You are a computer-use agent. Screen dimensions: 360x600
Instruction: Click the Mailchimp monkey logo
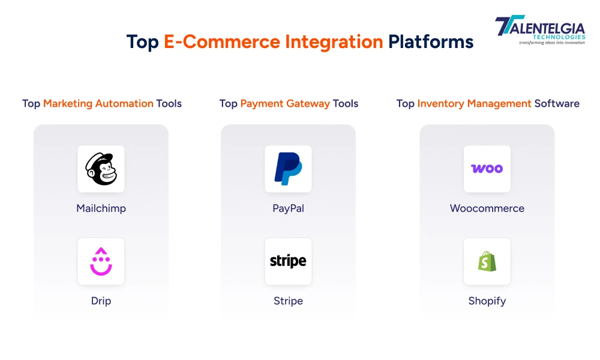click(101, 169)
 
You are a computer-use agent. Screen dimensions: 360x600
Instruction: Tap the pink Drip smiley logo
click(101, 261)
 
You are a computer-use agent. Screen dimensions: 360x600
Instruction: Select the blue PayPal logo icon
click(288, 169)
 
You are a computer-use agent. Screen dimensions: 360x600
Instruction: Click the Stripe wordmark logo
click(288, 261)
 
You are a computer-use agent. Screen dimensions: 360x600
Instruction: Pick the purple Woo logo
click(487, 169)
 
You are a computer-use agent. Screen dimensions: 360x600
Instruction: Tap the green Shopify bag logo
click(487, 261)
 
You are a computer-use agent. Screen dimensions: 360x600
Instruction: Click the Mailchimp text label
click(101, 209)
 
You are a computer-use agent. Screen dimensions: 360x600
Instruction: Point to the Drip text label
click(101, 301)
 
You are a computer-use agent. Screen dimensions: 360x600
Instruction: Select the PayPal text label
click(288, 209)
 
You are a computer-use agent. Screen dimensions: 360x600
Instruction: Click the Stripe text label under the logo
click(288, 301)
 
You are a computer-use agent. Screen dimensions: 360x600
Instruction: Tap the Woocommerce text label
click(487, 209)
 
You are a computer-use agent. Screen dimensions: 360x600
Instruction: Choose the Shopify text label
click(487, 301)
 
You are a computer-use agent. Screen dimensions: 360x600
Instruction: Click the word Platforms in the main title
click(430, 42)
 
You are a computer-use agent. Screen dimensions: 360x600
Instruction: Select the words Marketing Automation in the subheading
click(98, 103)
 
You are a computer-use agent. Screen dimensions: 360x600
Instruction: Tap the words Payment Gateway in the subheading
click(285, 103)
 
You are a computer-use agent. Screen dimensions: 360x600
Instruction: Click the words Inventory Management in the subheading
click(474, 103)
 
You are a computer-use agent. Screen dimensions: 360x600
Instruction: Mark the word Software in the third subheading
click(557, 103)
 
